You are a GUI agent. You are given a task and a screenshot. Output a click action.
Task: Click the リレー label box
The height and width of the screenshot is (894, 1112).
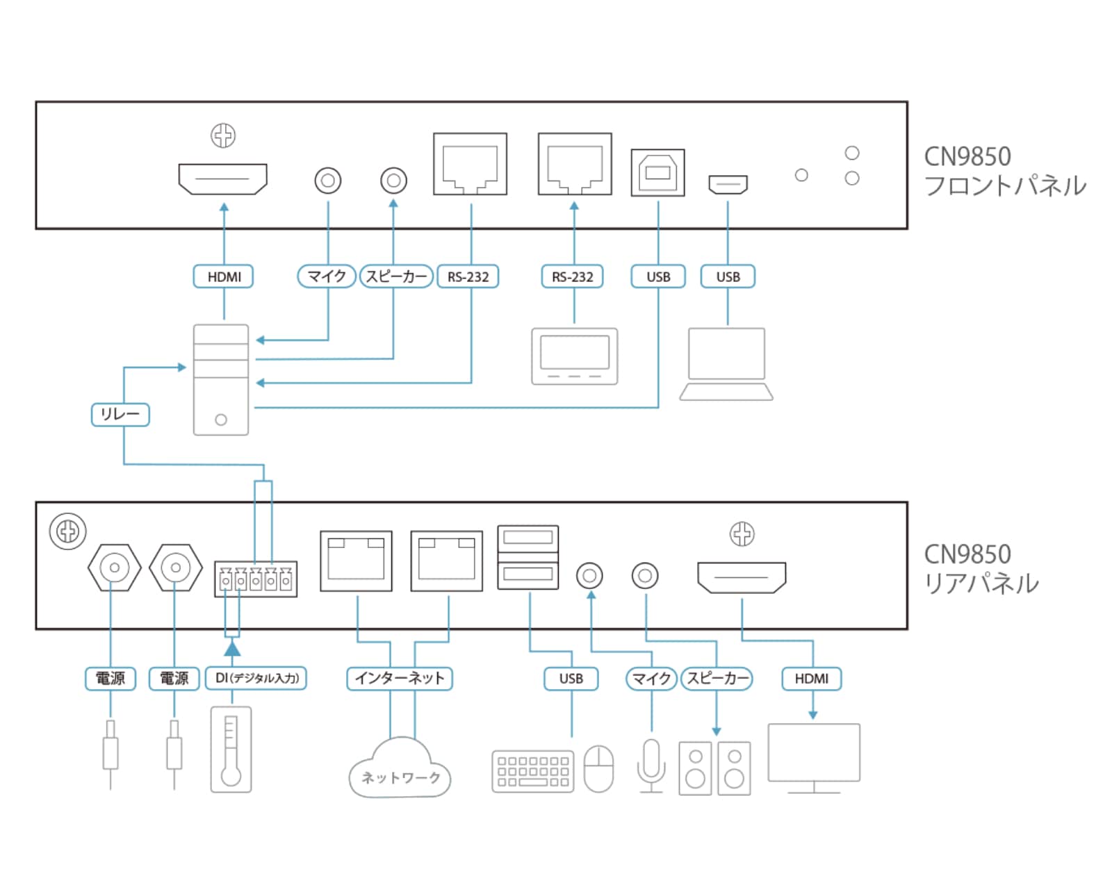pos(120,414)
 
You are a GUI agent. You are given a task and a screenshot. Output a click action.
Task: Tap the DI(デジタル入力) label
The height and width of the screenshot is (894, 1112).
pos(256,678)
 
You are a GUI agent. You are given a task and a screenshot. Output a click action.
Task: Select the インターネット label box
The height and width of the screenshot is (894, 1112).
pos(400,678)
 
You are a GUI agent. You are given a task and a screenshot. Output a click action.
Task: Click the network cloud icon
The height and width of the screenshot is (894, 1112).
pos(400,768)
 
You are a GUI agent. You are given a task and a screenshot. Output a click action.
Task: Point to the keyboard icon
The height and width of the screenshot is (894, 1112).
pos(533,771)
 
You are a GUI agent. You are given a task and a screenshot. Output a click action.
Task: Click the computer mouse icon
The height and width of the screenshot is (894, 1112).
pos(599,768)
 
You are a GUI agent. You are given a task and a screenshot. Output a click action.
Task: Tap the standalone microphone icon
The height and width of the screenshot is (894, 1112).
pos(651,766)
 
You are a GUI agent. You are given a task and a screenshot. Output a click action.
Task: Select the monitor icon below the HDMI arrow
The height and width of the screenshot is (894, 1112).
pos(814,758)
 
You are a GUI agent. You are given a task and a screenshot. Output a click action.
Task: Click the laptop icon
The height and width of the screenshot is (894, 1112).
pos(726,364)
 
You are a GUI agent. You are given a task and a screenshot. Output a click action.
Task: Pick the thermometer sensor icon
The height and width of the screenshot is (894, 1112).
pos(231,750)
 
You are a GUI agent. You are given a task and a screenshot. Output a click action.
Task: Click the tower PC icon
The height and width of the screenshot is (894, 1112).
pos(221,379)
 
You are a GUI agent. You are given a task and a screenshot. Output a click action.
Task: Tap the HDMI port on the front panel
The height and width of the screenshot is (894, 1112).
pos(222,179)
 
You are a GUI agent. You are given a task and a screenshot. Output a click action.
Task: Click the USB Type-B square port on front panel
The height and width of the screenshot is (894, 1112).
pos(657,172)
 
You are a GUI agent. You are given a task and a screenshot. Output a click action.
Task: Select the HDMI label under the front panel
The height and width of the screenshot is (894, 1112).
pos(223,276)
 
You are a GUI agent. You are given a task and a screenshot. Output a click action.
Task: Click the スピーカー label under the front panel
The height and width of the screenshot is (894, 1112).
pos(396,276)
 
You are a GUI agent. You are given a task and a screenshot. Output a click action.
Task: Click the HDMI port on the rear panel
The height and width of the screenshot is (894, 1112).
pos(742,577)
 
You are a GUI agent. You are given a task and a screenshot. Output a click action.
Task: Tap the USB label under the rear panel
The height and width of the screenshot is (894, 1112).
pos(571,678)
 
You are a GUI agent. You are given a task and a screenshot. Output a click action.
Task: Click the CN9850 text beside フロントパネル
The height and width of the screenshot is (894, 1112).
pos(967,156)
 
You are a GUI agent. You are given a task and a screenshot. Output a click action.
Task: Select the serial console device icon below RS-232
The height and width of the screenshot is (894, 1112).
pos(575,356)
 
